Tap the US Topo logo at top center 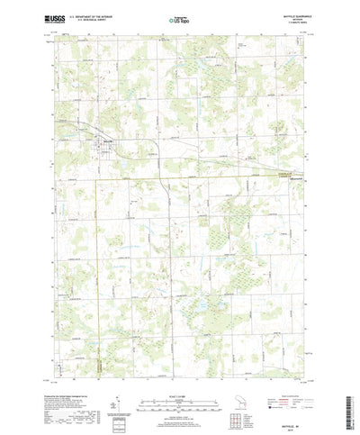tap(178, 17)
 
